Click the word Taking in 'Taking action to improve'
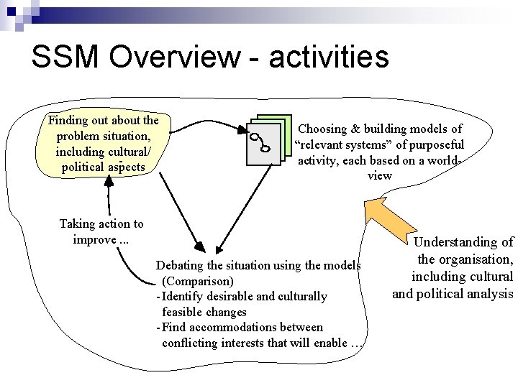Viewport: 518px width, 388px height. [76, 224]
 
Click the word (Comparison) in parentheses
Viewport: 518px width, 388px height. [198, 281]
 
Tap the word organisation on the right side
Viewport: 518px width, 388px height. [476, 259]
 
